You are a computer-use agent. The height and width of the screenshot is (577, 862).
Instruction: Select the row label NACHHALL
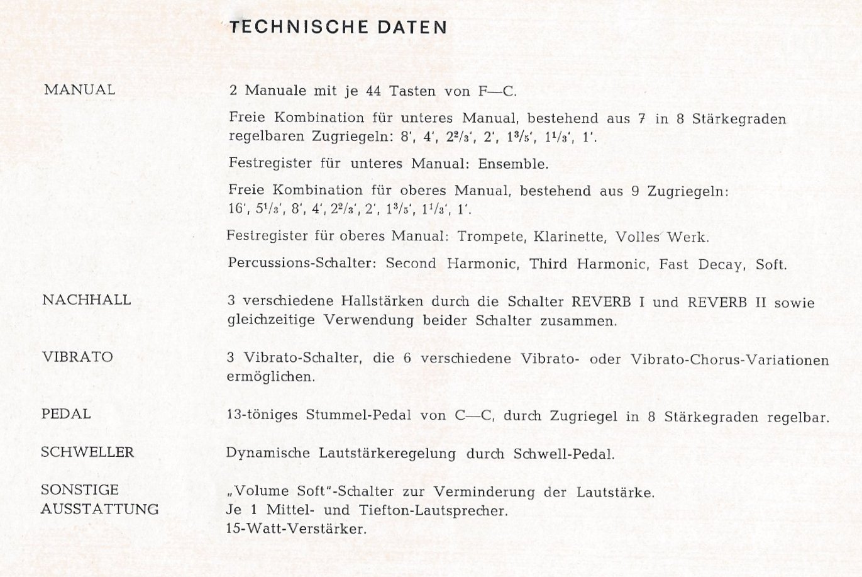[x=86, y=300]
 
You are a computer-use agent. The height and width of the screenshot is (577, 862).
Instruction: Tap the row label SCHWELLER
[x=87, y=452]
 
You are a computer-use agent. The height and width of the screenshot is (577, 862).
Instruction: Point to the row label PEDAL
[x=66, y=414]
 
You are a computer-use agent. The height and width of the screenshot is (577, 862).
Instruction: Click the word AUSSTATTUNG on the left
[x=99, y=509]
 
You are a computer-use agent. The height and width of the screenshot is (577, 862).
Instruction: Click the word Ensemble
[x=513, y=164]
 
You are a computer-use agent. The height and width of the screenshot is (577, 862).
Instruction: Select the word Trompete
[x=491, y=237]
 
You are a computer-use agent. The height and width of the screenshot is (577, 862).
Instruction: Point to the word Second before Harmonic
[x=411, y=264]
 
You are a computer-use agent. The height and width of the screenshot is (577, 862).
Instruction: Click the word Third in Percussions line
[x=548, y=264]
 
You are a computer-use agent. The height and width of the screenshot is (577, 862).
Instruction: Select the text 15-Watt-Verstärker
[x=296, y=529]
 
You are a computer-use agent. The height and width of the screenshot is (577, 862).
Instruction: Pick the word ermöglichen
[x=270, y=378]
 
